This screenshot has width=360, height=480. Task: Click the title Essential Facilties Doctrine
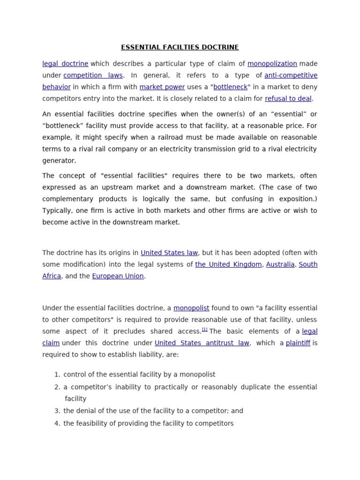(x=180, y=47)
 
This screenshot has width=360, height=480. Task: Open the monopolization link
(x=272, y=64)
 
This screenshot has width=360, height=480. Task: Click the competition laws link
(x=93, y=75)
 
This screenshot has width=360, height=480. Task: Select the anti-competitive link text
(x=291, y=75)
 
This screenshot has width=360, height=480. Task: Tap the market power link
(x=162, y=87)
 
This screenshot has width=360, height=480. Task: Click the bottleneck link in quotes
(x=230, y=87)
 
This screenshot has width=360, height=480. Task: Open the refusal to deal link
(x=288, y=99)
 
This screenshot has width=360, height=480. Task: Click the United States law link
(x=169, y=253)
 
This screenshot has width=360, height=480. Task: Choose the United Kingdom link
(x=228, y=265)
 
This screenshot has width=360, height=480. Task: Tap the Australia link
(x=280, y=265)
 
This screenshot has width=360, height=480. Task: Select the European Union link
(x=118, y=277)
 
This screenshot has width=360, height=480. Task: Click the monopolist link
(x=191, y=308)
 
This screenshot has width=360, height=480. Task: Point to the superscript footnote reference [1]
(x=205, y=330)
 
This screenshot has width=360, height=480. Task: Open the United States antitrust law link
(x=202, y=344)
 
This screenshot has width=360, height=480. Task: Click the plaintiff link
(x=298, y=344)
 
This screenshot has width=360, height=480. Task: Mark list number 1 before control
(x=57, y=375)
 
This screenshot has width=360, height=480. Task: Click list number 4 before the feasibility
(x=57, y=424)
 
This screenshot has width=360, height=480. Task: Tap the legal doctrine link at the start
(x=65, y=64)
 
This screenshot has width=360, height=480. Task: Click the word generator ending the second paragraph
(x=59, y=161)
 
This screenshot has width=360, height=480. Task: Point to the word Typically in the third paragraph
(x=58, y=211)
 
